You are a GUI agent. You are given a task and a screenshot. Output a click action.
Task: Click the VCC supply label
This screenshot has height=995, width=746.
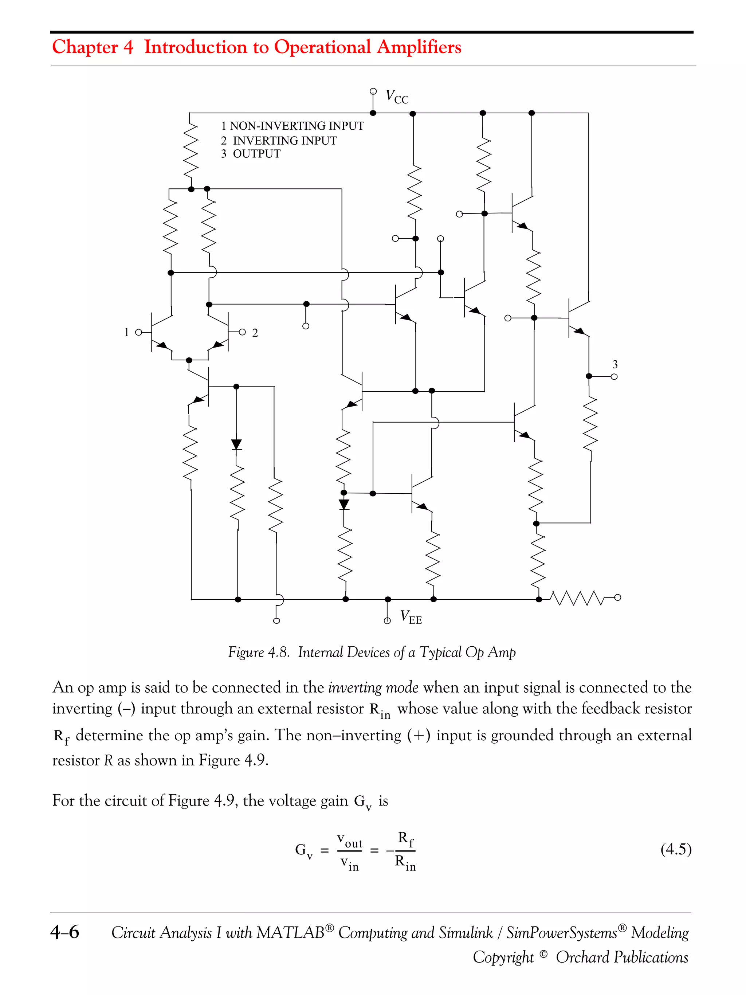(x=397, y=97)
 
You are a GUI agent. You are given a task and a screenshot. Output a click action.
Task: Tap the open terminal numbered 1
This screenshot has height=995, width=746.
(x=138, y=332)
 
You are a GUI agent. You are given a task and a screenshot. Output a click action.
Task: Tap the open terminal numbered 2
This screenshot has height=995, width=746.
(x=242, y=332)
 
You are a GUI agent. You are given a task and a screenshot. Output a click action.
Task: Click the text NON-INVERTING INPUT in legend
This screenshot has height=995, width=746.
(x=297, y=126)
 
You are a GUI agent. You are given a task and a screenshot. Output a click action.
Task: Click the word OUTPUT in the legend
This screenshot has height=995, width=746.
(x=256, y=154)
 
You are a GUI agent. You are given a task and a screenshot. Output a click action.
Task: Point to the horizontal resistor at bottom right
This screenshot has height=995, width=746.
(x=577, y=598)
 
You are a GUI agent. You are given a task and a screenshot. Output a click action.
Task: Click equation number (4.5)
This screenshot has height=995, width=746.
(x=675, y=849)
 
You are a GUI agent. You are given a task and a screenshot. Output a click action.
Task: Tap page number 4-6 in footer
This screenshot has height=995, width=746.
(x=65, y=932)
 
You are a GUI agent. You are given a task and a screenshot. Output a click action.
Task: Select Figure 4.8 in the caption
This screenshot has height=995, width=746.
(x=258, y=652)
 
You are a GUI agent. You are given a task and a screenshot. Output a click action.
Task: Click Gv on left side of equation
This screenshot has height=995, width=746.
(x=303, y=851)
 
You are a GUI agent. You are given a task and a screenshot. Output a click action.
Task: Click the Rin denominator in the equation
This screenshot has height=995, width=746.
(x=405, y=862)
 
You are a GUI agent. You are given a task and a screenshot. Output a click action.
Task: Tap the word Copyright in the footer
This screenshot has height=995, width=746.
(x=503, y=957)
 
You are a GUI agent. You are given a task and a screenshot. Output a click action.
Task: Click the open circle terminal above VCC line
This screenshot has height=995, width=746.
(x=373, y=91)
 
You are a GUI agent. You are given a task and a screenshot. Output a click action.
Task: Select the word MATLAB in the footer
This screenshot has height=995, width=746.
(x=290, y=932)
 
